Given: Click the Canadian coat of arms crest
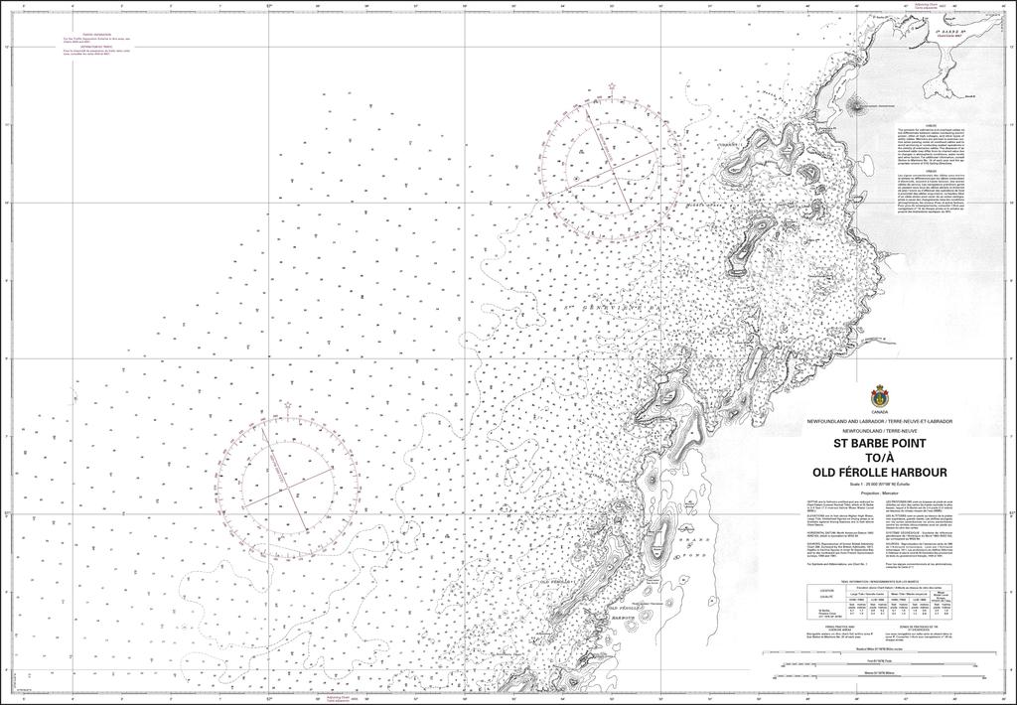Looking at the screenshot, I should pyautogui.click(x=878, y=394).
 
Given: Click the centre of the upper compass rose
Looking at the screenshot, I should pyautogui.click(x=601, y=162).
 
